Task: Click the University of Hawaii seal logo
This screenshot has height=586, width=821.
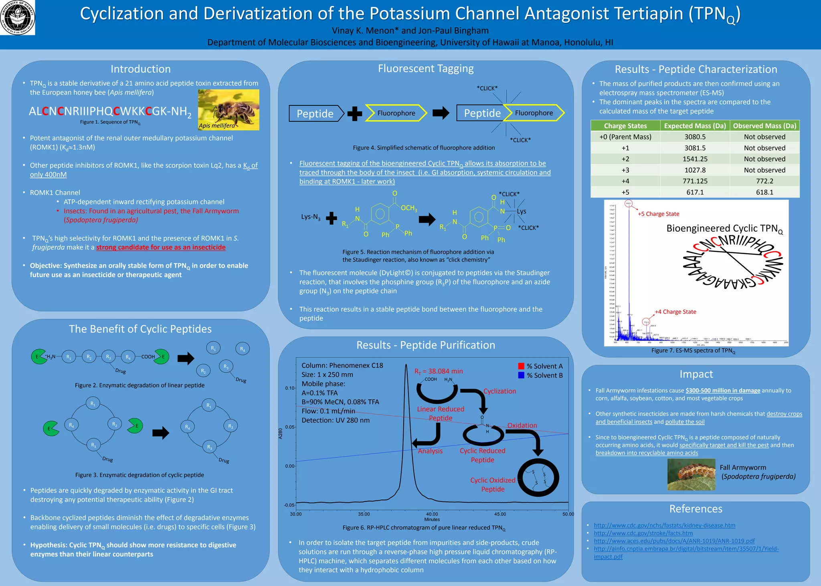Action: pos(17,17)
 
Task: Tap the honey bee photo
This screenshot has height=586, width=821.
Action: pos(229,109)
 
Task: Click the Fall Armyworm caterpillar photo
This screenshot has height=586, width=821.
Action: pos(691,474)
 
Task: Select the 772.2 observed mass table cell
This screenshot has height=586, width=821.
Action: pos(764,181)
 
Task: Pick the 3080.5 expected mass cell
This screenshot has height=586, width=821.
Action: pos(695,137)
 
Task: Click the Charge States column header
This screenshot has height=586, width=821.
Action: pos(625,126)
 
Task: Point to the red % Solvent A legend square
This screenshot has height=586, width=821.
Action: pos(521,366)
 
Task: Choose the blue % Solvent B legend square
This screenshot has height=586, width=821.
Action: pos(521,375)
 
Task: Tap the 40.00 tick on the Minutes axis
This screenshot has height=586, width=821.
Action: pos(432,514)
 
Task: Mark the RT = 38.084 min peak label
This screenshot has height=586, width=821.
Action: pos(439,371)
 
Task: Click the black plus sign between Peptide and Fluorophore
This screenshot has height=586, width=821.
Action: pos(355,113)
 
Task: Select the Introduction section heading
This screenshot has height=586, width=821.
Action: pos(141,69)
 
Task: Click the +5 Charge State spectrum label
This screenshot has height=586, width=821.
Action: pos(658,214)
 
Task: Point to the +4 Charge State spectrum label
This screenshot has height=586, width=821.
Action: pos(675,312)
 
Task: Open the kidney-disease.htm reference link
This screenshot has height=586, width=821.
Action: pos(664,526)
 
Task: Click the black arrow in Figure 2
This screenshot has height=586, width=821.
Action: pos(186,358)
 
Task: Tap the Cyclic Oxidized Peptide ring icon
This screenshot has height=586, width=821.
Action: pos(538,477)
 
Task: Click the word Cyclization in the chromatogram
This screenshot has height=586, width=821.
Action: pos(499,391)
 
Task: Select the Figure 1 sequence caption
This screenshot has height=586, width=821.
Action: pos(110,122)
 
